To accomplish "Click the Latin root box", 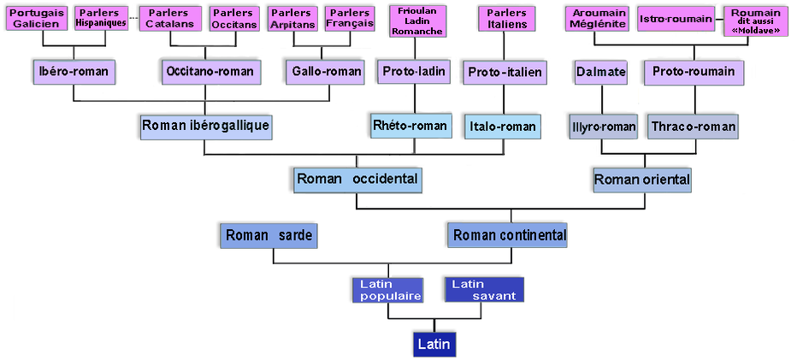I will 432,344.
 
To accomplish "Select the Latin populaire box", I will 387,290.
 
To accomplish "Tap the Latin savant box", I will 483,290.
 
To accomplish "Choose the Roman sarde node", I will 269,234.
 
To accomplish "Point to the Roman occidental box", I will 357,180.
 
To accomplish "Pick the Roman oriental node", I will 641,180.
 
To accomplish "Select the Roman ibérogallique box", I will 205,127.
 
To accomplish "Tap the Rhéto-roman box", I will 410,126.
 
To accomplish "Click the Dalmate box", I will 600,72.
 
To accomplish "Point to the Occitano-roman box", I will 210,71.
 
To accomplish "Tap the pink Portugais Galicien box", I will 37,18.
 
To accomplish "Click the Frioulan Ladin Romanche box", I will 416,21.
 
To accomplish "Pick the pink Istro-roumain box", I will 676,19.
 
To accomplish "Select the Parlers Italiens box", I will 506,19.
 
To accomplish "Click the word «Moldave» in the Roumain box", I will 755,31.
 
